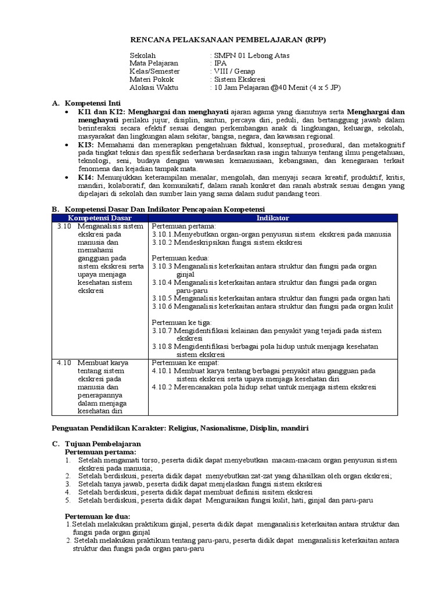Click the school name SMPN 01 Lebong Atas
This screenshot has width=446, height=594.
pos(251,56)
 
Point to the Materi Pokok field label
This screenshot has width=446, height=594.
pos(152,79)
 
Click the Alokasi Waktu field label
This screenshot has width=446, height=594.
pos(154,88)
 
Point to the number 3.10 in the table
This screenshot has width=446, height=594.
pos(64,226)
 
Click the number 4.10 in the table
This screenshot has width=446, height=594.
pos(64,363)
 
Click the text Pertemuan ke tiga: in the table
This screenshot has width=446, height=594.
pos(182,323)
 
